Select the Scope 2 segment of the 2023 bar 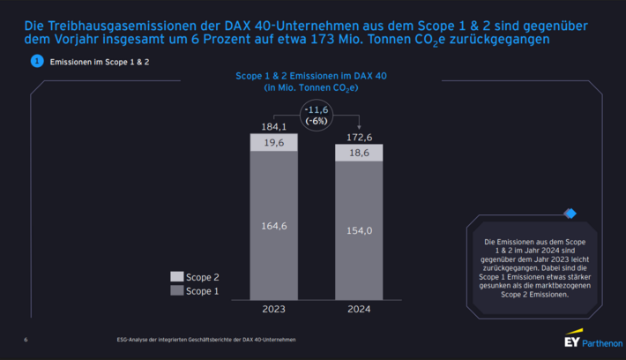pos(273,143)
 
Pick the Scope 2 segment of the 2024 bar pos(359,153)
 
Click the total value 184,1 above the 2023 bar pos(273,127)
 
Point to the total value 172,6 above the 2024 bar pos(359,138)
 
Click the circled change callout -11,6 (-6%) pos(317,115)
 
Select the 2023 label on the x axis pos(273,310)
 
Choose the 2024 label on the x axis pos(359,310)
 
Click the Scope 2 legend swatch pos(176,277)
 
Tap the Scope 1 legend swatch pos(176,290)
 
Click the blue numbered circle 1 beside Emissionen pos(36,61)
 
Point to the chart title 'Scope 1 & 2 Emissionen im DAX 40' pos(317,76)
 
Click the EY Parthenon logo pos(592,340)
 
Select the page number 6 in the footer pos(26,340)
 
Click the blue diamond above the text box pos(570,214)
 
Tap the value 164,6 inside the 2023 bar pos(273,225)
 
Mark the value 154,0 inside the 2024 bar pos(359,229)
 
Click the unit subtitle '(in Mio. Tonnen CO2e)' pos(317,87)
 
